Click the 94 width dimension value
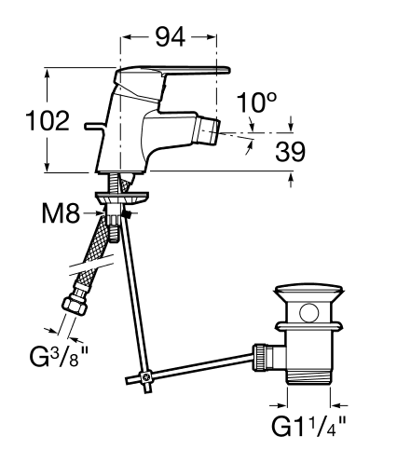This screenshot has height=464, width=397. point(171,37)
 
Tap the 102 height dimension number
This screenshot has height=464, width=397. point(48,120)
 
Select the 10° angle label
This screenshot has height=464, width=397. point(256,102)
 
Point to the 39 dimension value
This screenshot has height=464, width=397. point(291,152)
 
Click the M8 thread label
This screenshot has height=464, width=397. point(61,213)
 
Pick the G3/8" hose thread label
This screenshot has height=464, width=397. point(59,356)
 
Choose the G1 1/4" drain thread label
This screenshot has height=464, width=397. point(308,427)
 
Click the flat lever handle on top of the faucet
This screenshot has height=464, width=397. point(172,73)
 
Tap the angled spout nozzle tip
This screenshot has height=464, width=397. point(207,130)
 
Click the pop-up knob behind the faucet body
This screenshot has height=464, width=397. point(92,126)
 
